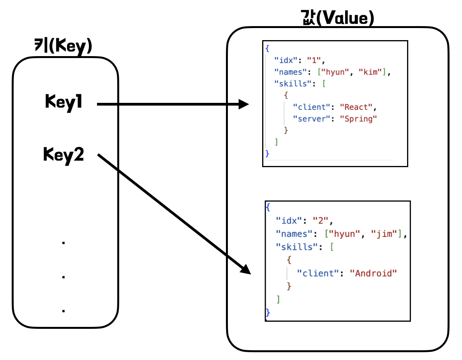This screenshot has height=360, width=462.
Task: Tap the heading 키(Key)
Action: click(x=63, y=46)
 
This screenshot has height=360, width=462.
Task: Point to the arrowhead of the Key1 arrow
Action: click(x=244, y=104)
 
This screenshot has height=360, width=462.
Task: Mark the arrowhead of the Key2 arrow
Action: click(x=245, y=269)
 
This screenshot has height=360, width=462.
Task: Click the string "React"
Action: click(x=358, y=107)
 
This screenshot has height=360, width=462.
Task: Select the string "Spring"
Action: click(x=361, y=119)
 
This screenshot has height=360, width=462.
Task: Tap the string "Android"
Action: click(x=376, y=273)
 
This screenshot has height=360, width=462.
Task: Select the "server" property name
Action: click(x=311, y=119)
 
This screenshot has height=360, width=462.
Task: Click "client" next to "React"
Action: click(x=311, y=107)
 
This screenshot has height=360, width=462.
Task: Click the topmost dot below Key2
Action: click(x=63, y=243)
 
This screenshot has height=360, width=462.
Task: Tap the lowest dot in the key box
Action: click(x=63, y=311)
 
